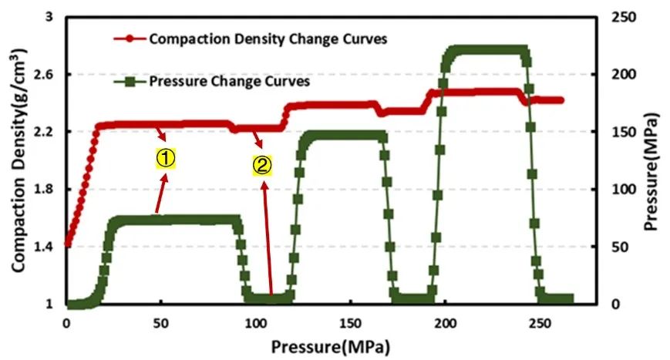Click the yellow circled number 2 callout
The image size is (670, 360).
pyautogui.click(x=262, y=164)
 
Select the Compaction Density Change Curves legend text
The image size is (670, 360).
pyautogui.click(x=268, y=38)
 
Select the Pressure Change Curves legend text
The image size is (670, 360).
pyautogui.click(x=230, y=80)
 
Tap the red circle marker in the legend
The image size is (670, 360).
pyautogui.click(x=129, y=37)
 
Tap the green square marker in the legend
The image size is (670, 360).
pyautogui.click(x=129, y=80)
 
